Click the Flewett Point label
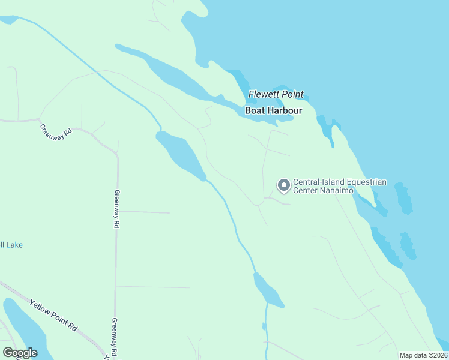point(276,95)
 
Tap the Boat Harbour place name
point(273,111)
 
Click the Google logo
point(20,353)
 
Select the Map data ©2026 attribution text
point(424,355)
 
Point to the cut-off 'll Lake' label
point(11,245)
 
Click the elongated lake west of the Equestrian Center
point(180,155)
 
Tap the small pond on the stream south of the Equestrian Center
point(268,291)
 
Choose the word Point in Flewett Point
point(291,95)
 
